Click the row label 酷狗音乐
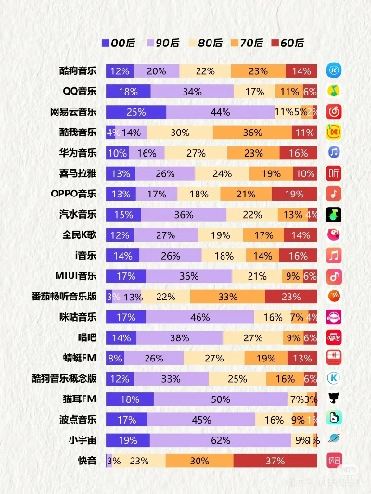point(76,70)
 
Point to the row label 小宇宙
point(83,439)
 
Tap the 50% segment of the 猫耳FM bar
point(220,399)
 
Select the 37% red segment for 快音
point(275,460)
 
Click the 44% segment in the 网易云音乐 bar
point(220,111)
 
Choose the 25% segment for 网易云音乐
point(135,111)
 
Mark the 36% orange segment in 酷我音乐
point(252,133)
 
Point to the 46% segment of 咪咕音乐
point(197,317)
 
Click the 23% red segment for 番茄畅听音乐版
point(290,297)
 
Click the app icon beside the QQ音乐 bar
point(334,91)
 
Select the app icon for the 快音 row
point(334,460)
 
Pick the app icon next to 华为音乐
point(334,153)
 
